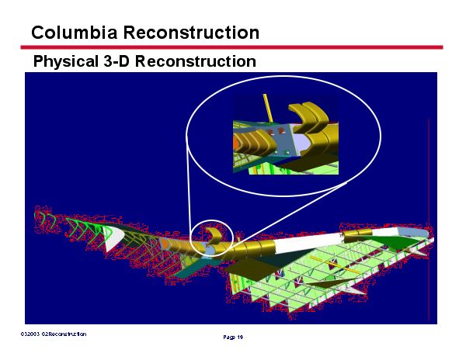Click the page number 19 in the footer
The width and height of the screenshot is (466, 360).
[233, 337]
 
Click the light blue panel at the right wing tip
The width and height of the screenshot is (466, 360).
[419, 233]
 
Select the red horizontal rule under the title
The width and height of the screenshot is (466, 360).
[233, 47]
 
